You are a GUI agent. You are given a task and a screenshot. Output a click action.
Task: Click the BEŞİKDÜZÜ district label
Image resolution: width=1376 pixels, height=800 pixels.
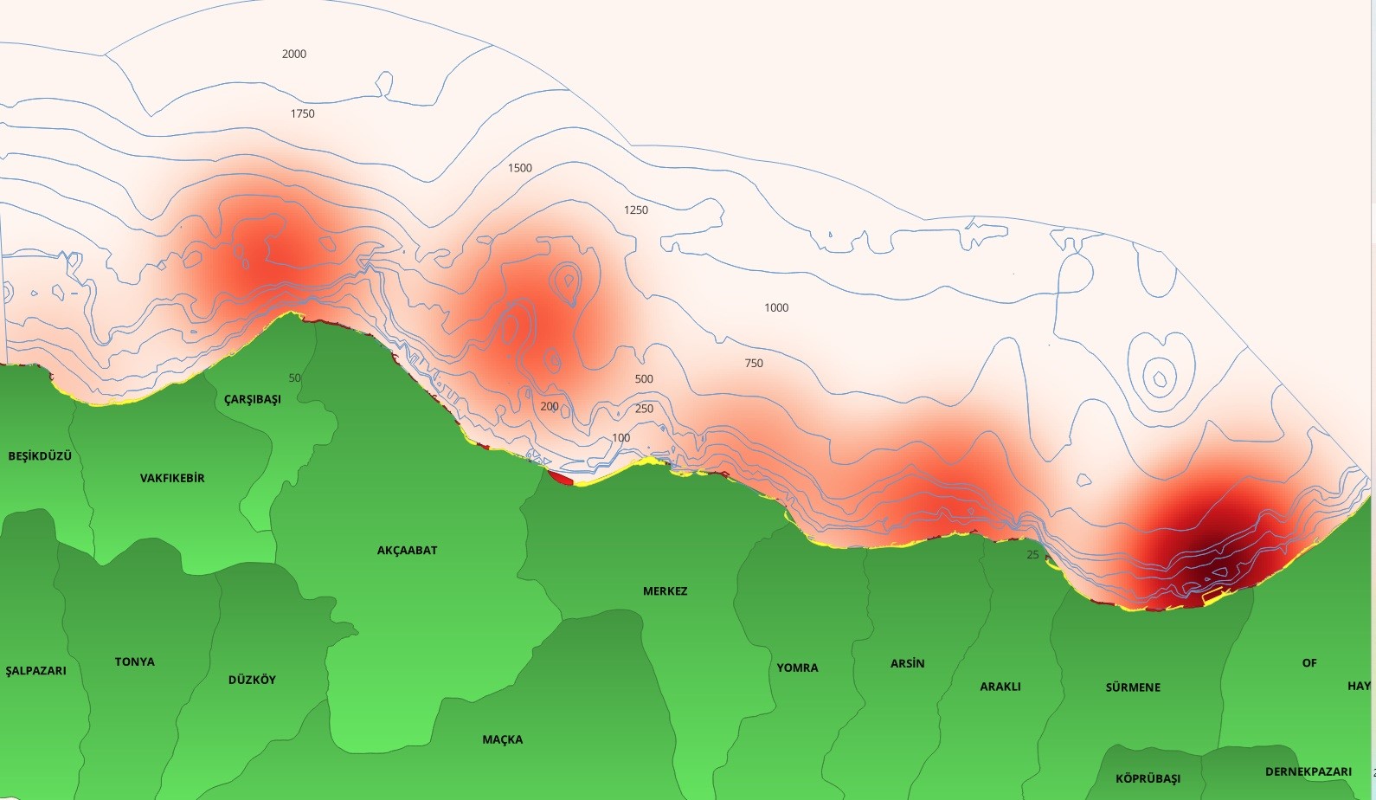(40, 456)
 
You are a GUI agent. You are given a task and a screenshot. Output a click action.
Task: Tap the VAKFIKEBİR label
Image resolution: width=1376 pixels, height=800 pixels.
(172, 478)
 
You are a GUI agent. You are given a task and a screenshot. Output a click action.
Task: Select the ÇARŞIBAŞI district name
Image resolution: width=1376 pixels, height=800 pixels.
(253, 400)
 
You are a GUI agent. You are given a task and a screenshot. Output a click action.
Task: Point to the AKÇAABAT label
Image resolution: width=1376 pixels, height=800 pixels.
(407, 551)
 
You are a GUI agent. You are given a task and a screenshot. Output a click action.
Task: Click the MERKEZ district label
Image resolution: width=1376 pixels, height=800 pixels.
(665, 591)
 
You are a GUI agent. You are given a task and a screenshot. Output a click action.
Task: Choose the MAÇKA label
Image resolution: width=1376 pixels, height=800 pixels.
(502, 739)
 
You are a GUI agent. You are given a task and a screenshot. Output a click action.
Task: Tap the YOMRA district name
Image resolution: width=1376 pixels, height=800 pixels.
(797, 668)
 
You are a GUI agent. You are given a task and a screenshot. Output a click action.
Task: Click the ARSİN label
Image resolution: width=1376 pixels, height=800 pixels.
(907, 664)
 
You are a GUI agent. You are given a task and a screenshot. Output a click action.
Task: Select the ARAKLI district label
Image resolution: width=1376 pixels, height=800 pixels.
(1000, 687)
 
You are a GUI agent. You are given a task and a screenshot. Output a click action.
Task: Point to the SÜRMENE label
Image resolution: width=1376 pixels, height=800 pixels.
(1133, 687)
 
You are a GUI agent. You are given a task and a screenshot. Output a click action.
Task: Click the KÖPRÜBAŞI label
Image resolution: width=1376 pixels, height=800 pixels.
(1148, 778)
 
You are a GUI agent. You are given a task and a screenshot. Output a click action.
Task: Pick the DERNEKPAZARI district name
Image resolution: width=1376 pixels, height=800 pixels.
(1308, 771)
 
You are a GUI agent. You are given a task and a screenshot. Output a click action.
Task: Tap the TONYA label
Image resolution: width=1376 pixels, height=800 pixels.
(134, 662)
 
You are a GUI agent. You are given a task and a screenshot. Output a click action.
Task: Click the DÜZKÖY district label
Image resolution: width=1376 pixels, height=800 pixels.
(252, 681)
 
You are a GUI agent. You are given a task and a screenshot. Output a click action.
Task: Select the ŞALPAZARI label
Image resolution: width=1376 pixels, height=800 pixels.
(35, 671)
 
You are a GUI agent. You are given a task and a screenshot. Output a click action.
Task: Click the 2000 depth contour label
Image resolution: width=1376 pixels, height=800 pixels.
(294, 54)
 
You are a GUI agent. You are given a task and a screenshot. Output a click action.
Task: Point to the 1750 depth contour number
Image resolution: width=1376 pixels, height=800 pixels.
(302, 114)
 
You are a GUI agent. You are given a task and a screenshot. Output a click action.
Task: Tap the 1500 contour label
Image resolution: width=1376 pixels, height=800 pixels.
(519, 168)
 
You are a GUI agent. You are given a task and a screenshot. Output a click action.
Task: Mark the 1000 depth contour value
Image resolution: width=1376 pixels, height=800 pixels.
(776, 308)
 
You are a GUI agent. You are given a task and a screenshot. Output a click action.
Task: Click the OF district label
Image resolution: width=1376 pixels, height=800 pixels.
(1308, 663)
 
